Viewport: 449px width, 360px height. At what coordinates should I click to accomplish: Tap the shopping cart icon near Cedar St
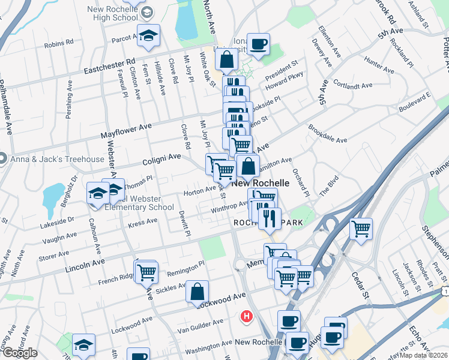coord(361,229)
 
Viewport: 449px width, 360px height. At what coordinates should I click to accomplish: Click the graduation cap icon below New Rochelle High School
coord(148,36)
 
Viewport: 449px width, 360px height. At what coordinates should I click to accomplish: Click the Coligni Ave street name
coord(161,158)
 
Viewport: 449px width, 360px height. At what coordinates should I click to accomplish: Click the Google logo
coord(20,352)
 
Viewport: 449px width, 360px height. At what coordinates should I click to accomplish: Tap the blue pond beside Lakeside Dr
coord(54,194)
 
